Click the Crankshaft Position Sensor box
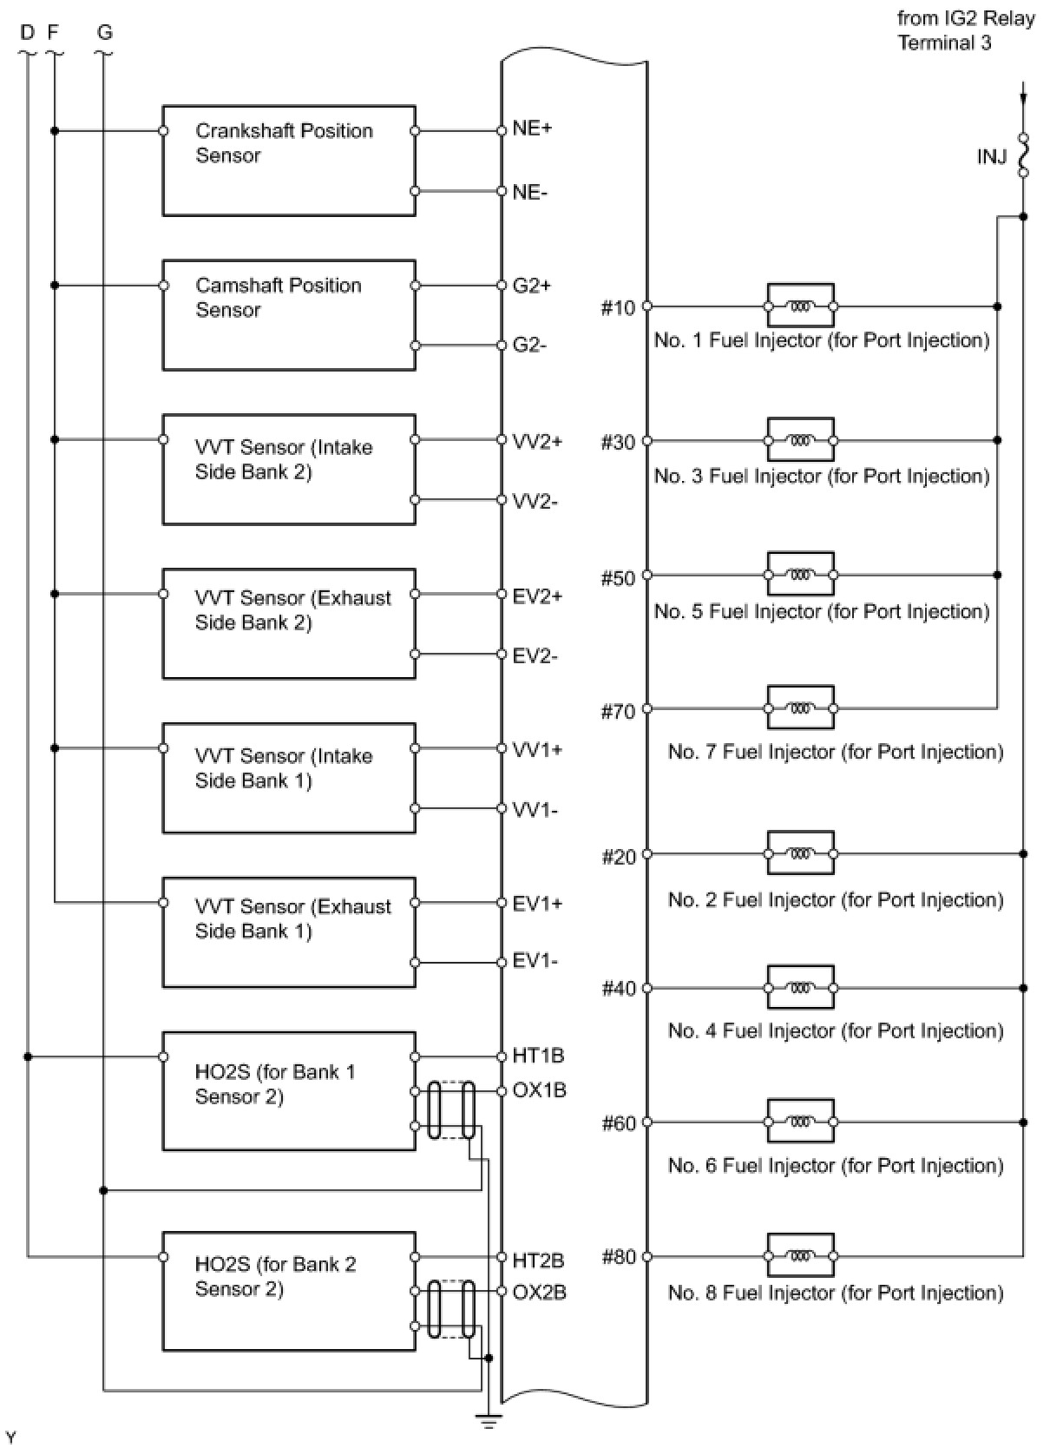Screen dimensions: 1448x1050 point(289,161)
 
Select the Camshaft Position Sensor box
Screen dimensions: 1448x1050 point(289,315)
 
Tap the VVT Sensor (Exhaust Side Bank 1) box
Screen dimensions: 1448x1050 point(289,932)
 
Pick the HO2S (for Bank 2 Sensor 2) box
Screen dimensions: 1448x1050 point(289,1291)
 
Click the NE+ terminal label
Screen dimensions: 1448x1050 point(532,128)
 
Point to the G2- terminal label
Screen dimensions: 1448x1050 point(529,346)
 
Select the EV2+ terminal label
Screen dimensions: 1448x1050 point(537,596)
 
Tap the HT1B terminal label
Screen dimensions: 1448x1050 point(538,1056)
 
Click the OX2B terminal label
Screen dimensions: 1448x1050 point(539,1292)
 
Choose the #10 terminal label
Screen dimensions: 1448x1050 point(618,307)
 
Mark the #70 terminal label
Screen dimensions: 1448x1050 point(618,712)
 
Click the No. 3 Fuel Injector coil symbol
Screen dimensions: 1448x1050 point(800,441)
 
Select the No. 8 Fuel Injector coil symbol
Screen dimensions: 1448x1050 point(800,1256)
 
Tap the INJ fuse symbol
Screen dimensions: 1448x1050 point(1023,155)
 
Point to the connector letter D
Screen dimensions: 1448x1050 point(28,33)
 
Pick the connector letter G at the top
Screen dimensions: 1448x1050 point(105,33)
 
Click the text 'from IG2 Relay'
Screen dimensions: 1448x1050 point(965,18)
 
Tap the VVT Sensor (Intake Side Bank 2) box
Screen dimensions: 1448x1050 point(289,470)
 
